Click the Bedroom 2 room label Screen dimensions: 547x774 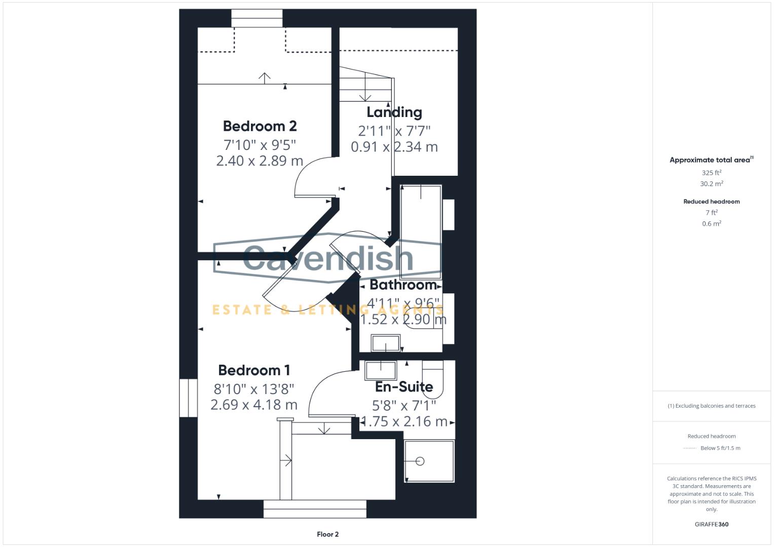point(260,126)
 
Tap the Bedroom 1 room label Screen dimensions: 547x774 point(254,370)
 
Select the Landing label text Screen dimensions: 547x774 point(394,112)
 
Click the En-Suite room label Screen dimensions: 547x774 point(404,387)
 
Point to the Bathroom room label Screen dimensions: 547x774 point(403,285)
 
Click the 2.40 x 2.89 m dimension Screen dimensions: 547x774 point(260,161)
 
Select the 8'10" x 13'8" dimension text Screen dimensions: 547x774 point(254,389)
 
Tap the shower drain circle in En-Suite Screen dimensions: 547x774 point(419,461)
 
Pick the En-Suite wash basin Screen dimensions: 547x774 point(380,370)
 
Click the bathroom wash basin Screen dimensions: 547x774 point(386,343)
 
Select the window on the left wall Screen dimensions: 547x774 point(188,398)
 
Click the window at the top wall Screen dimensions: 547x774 point(257,18)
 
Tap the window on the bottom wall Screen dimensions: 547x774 point(315,509)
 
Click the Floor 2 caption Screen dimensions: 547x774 point(327,534)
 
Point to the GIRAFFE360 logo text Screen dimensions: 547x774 point(711,524)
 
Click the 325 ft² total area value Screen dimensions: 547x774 point(711,173)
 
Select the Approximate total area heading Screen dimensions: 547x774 point(711,160)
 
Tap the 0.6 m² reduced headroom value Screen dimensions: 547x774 point(711,223)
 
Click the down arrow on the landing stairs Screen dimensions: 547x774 point(365,96)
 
